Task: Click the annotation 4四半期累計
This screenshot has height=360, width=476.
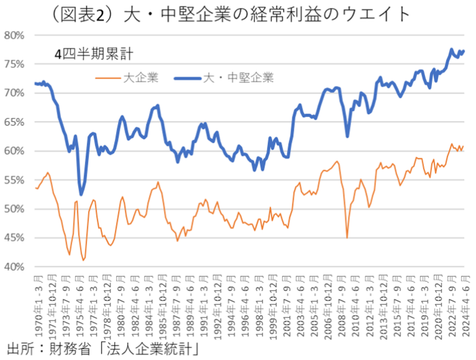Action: (x=92, y=54)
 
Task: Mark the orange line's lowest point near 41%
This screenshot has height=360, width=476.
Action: (x=83, y=260)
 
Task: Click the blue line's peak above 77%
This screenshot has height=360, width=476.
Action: (x=451, y=49)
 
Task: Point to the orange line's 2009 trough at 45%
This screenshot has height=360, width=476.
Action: (x=347, y=237)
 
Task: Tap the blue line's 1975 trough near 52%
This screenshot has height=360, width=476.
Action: (x=81, y=195)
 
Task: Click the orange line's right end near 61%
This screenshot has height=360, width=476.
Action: (x=463, y=146)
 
